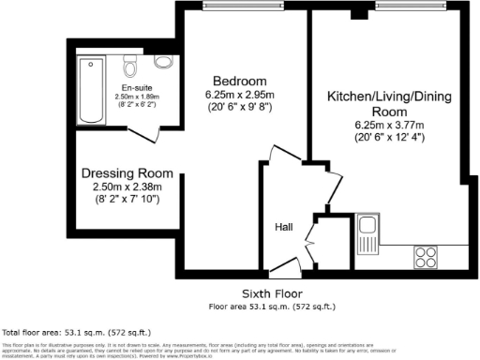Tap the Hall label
(284, 227)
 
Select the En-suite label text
(136, 84)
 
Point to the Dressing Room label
(127, 172)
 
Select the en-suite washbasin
(163, 63)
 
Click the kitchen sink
(368, 231)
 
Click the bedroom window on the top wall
(244, 7)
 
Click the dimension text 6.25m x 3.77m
(388, 125)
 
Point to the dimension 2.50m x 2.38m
(127, 187)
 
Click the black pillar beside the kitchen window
(357, 14)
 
